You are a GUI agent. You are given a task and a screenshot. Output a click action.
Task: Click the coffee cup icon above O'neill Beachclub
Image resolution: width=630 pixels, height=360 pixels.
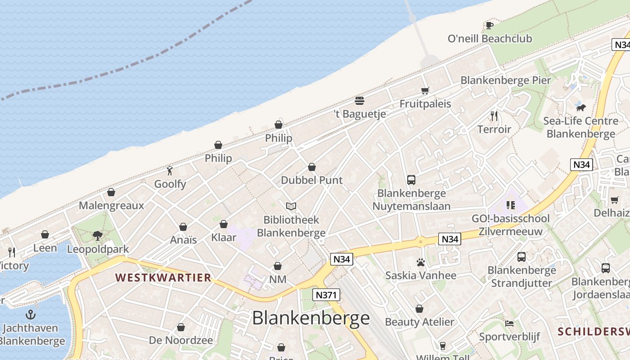point(490,25)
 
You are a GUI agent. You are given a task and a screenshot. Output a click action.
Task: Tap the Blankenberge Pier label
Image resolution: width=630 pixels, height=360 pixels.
point(505,81)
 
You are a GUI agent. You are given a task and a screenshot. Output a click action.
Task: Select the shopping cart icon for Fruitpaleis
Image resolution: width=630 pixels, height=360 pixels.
point(425,90)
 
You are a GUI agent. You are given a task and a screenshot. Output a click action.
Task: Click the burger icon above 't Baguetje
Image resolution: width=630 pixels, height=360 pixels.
point(359,100)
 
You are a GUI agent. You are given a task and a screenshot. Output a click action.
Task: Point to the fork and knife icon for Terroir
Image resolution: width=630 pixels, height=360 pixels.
point(494,116)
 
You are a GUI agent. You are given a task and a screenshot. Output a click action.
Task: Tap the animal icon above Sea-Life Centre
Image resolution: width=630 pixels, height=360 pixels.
point(580,108)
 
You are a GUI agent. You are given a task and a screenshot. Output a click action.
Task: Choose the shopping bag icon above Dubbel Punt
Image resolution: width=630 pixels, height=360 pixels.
point(311,167)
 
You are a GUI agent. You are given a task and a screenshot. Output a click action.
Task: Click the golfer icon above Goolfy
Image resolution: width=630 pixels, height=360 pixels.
point(170,171)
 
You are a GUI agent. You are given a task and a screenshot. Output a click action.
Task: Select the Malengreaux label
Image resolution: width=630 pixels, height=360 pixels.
point(111,206)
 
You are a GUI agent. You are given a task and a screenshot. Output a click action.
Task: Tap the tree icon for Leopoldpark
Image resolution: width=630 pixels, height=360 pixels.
point(97,235)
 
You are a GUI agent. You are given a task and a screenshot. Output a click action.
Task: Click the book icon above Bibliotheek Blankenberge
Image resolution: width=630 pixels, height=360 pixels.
point(291,207)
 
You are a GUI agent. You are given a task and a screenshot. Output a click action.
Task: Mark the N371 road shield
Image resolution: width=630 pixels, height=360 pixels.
point(326,295)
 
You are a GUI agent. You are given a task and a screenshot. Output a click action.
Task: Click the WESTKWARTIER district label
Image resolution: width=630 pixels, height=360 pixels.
point(163,277)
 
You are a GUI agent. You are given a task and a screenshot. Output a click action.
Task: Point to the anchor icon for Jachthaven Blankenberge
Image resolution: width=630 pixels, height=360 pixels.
point(31,314)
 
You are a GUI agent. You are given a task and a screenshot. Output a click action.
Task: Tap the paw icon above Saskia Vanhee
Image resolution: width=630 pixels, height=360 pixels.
point(421,262)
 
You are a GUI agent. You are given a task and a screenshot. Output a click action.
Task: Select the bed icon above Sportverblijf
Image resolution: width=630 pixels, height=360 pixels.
point(509,324)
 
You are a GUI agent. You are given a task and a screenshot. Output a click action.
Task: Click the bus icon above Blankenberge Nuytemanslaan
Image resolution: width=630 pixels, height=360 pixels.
point(411,180)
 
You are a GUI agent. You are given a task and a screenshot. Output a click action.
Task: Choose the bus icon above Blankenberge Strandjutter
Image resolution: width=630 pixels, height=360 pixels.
point(521,257)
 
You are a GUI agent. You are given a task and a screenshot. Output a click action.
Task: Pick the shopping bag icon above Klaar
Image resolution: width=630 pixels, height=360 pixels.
point(224,224)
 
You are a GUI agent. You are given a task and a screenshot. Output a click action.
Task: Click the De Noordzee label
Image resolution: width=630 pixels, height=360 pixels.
point(180,340)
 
